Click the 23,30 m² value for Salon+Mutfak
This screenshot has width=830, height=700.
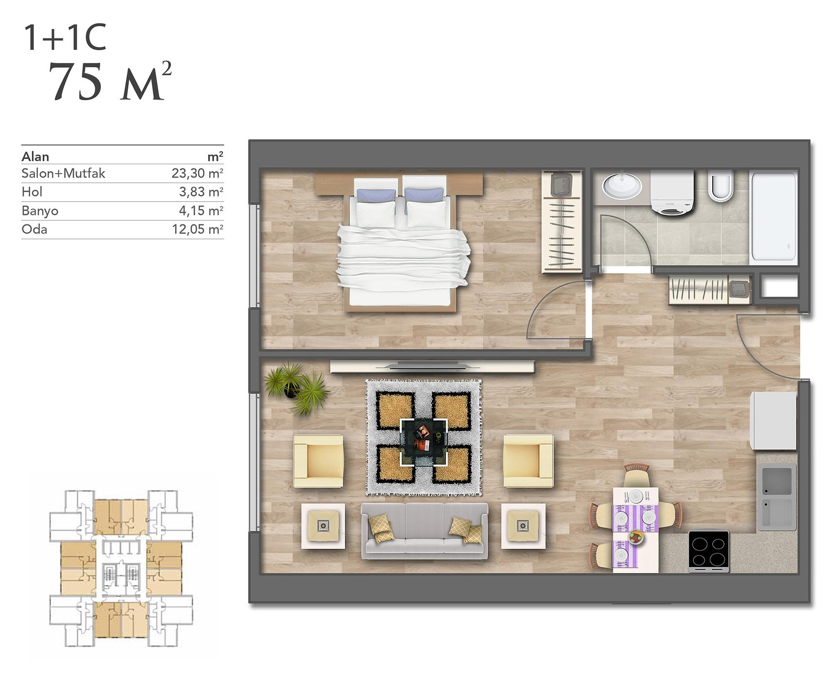(x=197, y=173)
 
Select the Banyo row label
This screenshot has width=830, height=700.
(x=40, y=211)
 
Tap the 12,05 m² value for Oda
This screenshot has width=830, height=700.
(x=197, y=229)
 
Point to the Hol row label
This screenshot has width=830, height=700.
(x=32, y=192)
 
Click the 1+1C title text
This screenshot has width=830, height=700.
(x=65, y=38)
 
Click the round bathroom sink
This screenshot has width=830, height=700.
(x=622, y=185)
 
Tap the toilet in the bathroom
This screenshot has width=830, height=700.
(x=721, y=185)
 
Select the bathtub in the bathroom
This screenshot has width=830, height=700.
(x=774, y=217)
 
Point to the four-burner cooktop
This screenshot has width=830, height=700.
(x=709, y=551)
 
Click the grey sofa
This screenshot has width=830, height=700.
(x=424, y=531)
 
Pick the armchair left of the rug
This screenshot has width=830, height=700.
(x=319, y=461)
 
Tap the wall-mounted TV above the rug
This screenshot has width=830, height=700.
(x=432, y=367)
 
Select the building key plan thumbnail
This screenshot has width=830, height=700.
(x=121, y=568)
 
